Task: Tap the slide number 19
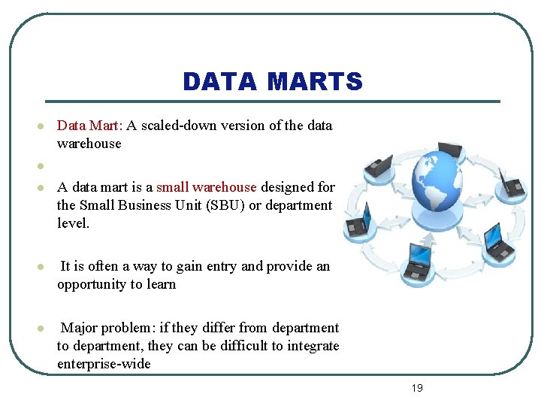417,388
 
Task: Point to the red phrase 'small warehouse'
206,186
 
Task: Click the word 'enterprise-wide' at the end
104,364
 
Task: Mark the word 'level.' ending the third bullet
74,223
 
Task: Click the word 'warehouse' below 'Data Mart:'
89,144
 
